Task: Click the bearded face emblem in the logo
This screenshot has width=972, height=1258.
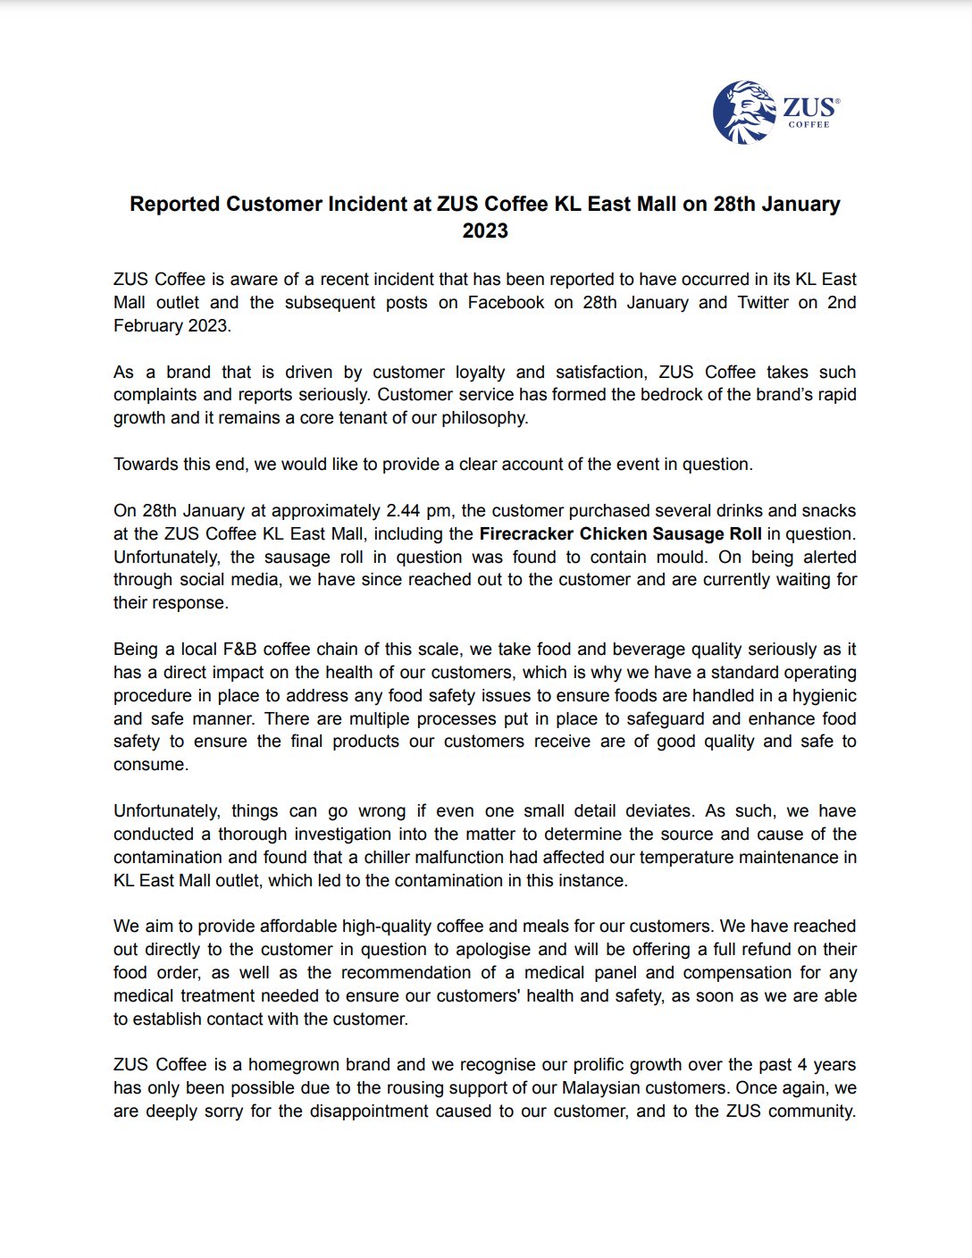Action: [743, 112]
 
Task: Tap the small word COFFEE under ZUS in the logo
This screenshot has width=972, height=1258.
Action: [809, 125]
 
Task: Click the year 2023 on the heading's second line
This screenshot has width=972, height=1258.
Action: [485, 231]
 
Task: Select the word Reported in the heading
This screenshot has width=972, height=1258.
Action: [174, 204]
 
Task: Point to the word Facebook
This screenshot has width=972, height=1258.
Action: [506, 303]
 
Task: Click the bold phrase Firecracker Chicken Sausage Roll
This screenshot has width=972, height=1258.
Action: [620, 534]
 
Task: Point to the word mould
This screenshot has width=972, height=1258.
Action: [676, 558]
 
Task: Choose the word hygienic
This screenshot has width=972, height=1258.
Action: [818, 696]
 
